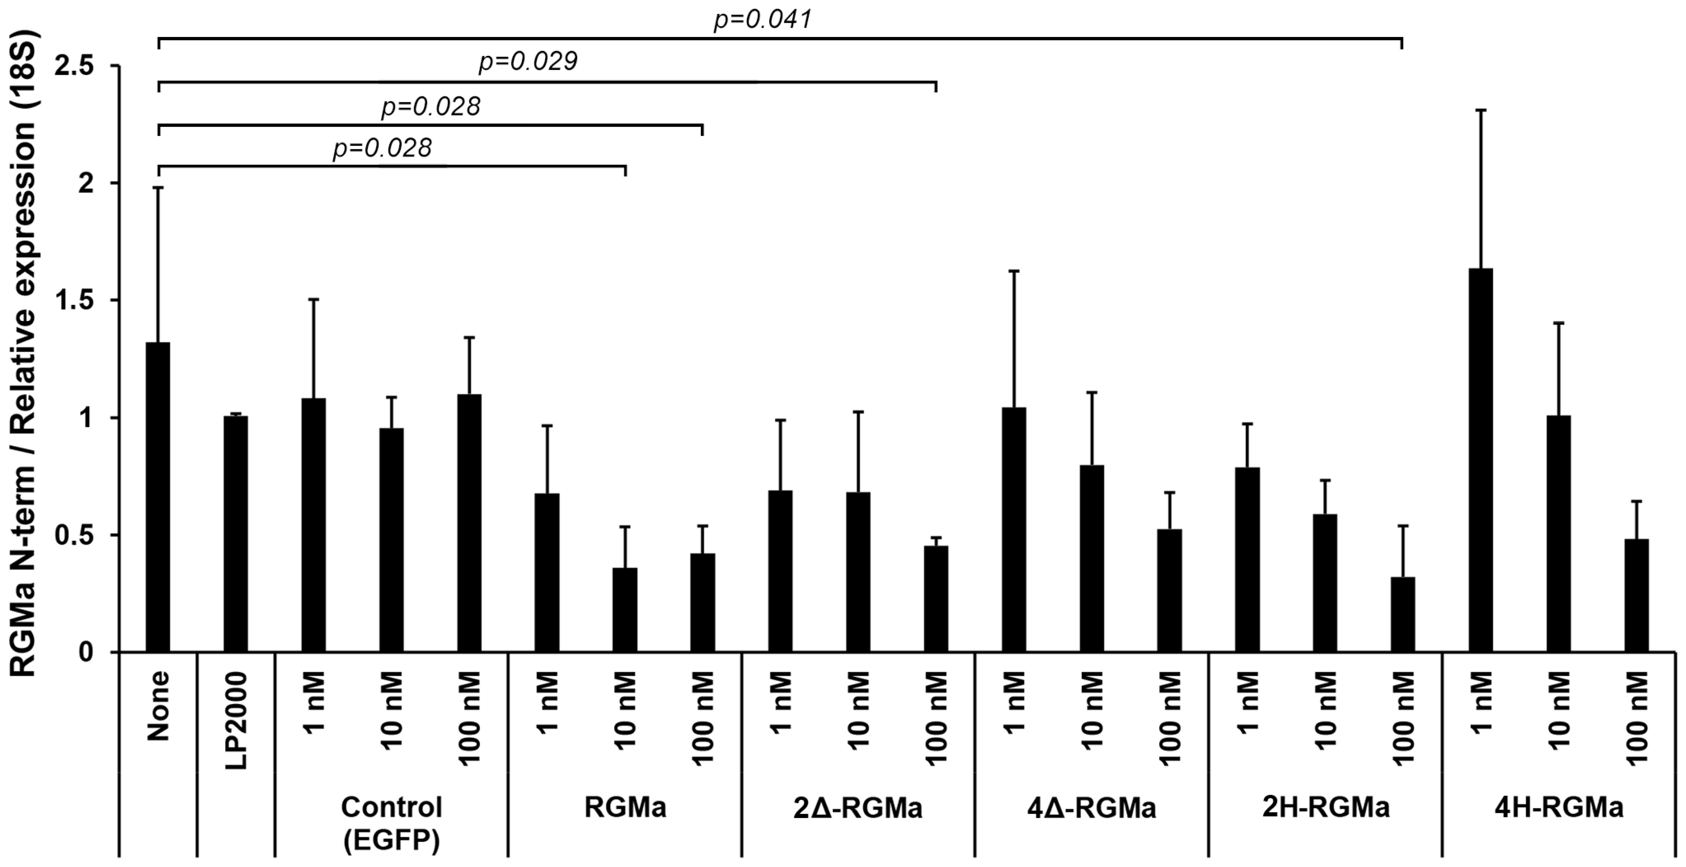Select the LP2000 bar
pos(236,534)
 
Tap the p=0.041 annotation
pos(762,19)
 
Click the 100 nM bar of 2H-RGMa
pos(1403,614)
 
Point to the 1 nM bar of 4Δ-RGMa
pos(1014,529)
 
